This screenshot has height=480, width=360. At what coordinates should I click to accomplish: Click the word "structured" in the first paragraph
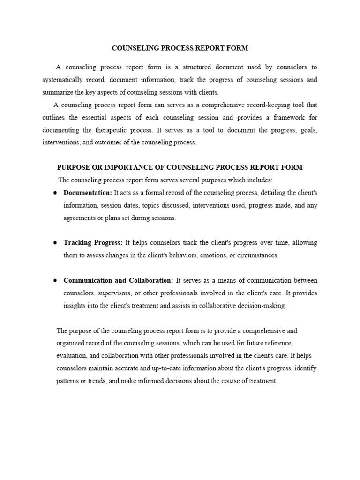(202, 67)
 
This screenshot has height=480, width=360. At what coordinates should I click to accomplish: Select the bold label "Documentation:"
(88, 193)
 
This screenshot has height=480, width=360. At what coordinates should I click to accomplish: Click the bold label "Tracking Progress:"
(93, 243)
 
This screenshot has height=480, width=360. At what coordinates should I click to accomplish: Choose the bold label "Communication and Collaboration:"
(118, 280)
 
